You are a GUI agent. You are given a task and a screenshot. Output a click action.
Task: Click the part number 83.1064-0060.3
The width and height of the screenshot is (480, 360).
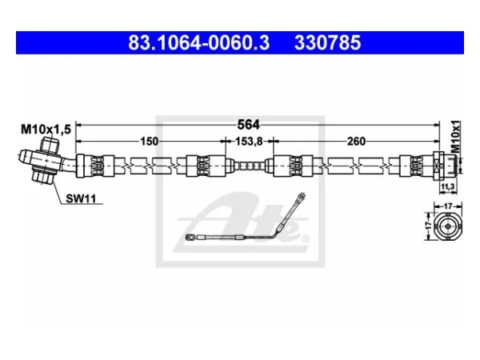[x=198, y=42]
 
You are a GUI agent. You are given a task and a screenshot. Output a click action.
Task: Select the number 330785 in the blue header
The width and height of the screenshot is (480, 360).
[x=327, y=42]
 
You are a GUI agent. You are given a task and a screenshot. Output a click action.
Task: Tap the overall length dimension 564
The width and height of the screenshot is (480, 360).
[x=248, y=125]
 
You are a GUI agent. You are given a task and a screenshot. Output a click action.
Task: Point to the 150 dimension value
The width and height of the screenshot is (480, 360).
[x=149, y=142]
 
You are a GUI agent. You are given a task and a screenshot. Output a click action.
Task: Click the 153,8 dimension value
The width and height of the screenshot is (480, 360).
[x=249, y=142]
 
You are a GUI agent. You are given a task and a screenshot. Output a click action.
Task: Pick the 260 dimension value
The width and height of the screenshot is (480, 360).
[x=356, y=142]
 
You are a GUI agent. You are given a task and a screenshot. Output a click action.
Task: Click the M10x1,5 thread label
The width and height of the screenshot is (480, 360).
[x=46, y=130]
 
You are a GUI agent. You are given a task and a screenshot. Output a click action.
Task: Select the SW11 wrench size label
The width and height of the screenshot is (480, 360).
[x=81, y=199]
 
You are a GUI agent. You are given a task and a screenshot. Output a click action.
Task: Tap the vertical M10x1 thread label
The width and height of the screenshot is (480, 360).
[x=456, y=137]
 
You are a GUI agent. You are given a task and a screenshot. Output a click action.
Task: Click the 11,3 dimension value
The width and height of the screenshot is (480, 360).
[x=448, y=186]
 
